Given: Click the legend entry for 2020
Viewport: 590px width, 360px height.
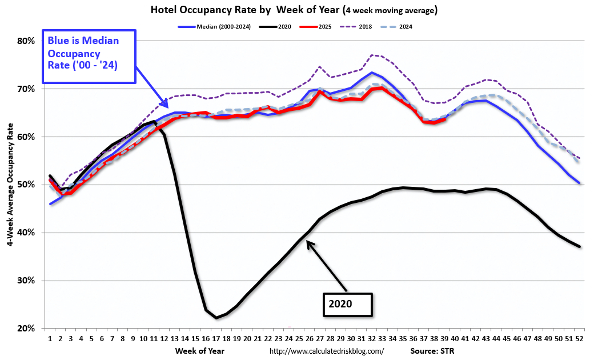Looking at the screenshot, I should click(284, 26).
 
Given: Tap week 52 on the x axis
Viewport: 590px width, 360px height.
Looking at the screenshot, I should click(579, 338).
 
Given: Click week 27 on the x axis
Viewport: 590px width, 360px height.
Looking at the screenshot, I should click(319, 338).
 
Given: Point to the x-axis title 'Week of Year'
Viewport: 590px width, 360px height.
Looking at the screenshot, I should click(199, 350).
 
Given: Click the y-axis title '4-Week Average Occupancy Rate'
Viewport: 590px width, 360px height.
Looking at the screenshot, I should click(10, 183).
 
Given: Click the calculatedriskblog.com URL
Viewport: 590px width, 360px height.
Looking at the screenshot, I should click(327, 351).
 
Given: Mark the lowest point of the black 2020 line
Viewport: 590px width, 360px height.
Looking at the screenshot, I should click(216, 318).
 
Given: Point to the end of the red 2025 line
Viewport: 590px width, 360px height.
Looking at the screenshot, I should click(444, 119).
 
